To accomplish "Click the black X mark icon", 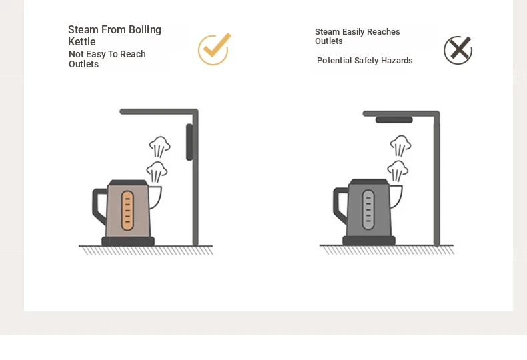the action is pos(458,50).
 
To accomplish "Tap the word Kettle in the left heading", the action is pos(82,41).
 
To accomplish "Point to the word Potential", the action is pos(334,61).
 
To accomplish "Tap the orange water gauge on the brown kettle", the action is pos(127,211).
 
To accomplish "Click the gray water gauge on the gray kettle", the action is pos(368,210).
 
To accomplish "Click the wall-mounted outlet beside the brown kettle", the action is pos(189,142).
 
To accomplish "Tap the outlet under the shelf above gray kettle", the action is pos(394,120).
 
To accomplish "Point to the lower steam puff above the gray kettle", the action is pos(398,171).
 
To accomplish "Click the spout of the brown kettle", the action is pos(155,197).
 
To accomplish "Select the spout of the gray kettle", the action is pos(396,197).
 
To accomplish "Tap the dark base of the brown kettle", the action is pos(128,241).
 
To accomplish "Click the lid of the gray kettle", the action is pos(369,182).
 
